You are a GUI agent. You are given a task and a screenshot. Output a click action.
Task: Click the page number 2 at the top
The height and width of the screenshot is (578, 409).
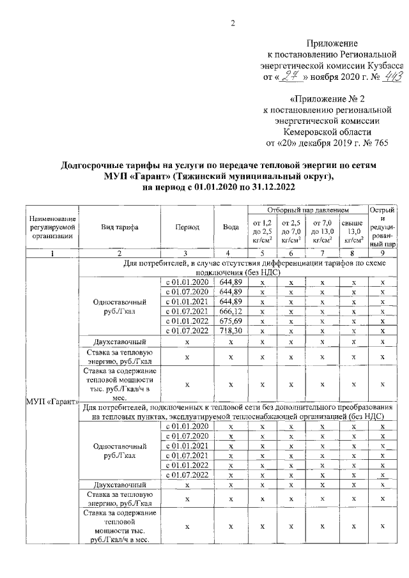pos(233,24)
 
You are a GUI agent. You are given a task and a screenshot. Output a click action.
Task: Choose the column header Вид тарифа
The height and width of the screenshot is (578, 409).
pos(119,227)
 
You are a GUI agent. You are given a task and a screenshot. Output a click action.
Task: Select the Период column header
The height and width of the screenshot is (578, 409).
pos(186,227)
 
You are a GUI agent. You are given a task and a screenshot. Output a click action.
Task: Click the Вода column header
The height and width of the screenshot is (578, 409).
pos(230,227)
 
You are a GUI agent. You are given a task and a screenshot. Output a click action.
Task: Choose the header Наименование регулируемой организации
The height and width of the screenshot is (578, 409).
pos(51,227)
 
